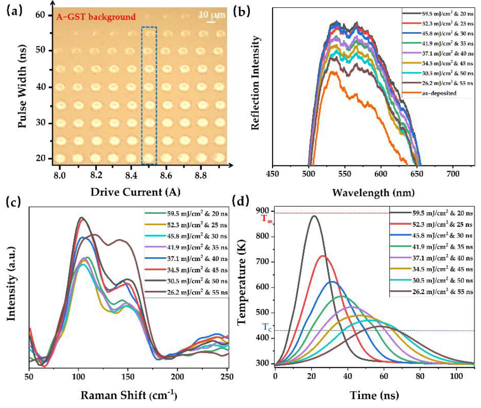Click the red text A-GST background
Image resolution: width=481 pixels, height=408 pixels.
point(96,17)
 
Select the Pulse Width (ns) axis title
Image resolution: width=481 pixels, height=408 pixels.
point(23,90)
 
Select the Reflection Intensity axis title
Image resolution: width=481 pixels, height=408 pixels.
point(256,90)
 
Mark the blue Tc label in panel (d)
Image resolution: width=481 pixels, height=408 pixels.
point(265,327)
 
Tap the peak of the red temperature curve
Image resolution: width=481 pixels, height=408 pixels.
point(323,256)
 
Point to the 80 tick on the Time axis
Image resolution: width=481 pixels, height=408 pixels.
point(420,376)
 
